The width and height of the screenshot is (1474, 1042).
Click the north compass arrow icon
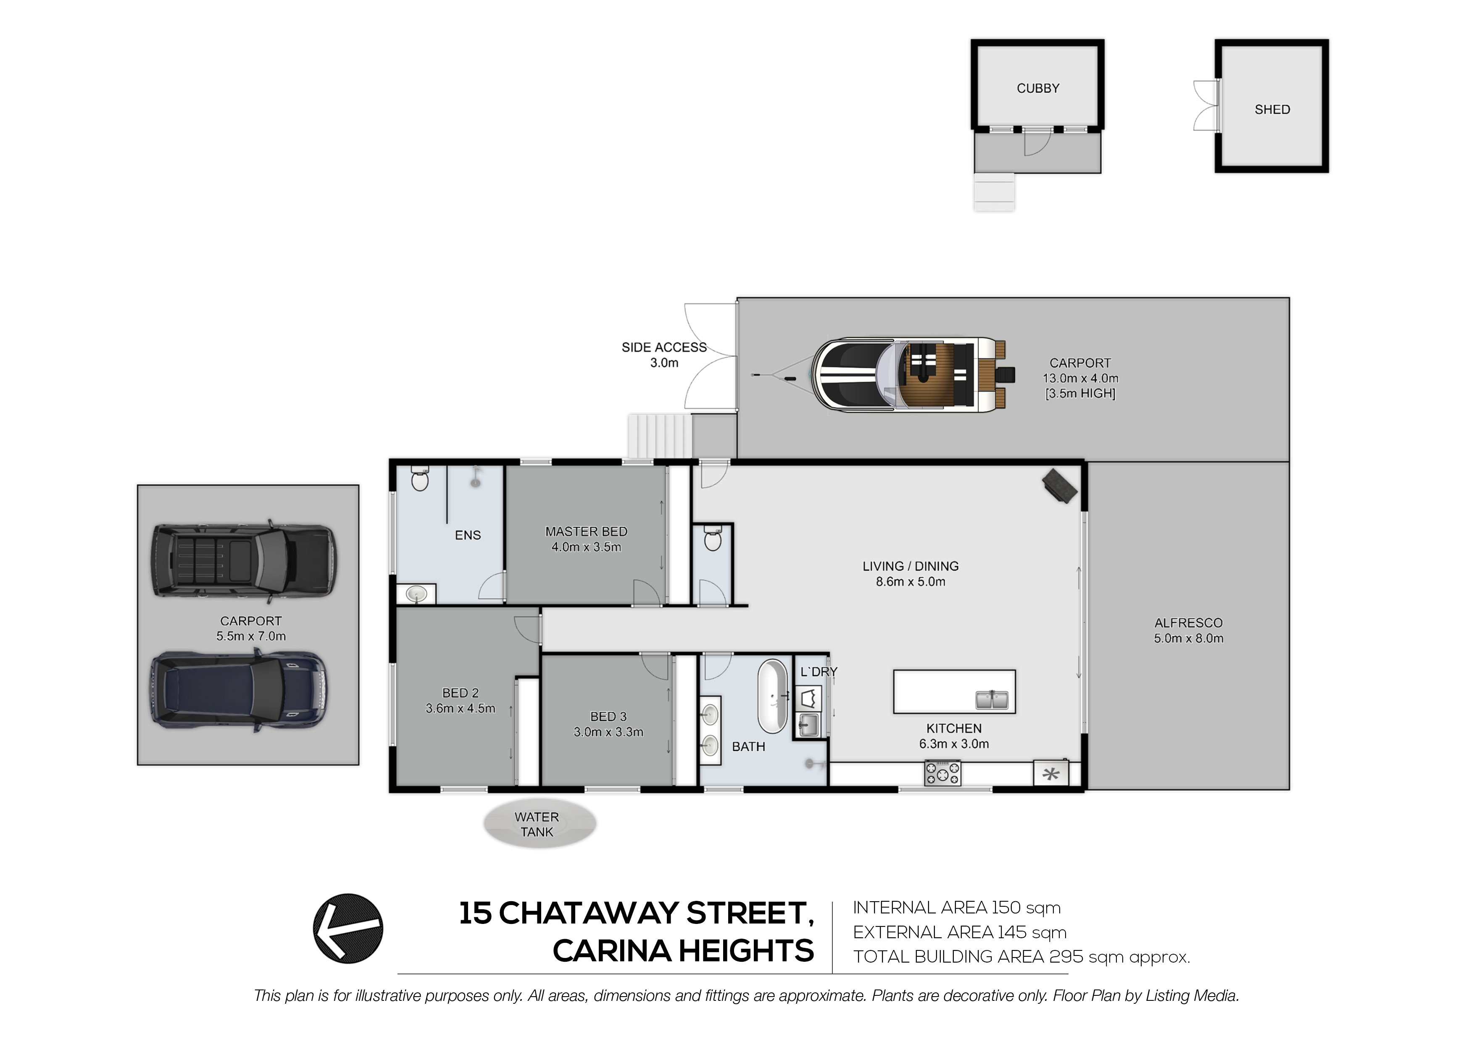[348, 929]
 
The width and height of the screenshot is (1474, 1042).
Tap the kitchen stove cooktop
[942, 773]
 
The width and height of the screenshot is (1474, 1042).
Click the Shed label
[1272, 110]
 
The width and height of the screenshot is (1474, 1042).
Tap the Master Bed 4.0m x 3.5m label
[586, 539]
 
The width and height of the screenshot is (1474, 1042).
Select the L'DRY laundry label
[819, 671]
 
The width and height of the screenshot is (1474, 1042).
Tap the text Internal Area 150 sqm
[957, 908]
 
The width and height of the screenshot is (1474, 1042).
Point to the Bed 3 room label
[608, 716]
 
